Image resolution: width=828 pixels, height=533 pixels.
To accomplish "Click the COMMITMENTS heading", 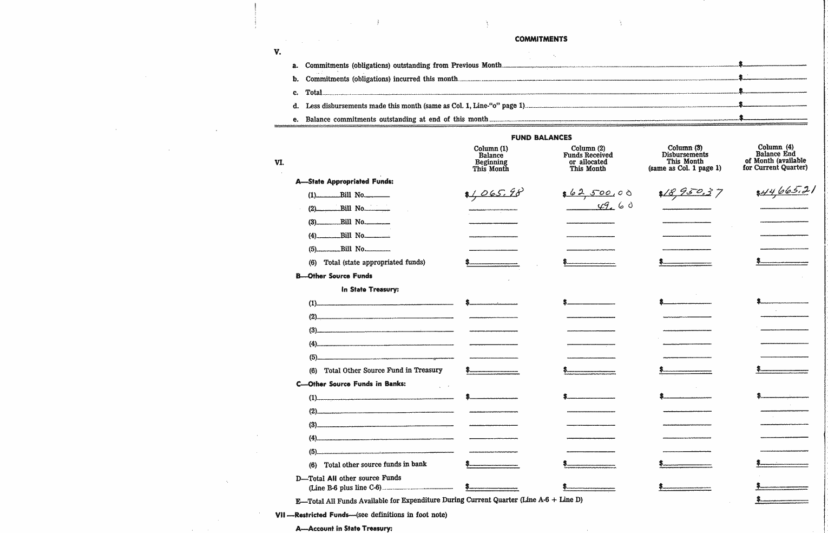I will pos(541,39).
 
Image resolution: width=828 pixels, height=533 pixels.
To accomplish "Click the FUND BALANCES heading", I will pos(541,138).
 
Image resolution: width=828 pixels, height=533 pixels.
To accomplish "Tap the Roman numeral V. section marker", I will pos(278,52).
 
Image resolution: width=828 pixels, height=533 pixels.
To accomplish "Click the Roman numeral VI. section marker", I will pos(279,162).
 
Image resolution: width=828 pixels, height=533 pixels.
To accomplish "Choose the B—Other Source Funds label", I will pos(334,276).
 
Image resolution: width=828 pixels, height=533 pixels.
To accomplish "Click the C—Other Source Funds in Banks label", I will pos(351,384).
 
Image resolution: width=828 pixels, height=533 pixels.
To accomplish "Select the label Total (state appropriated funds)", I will pos(374,262).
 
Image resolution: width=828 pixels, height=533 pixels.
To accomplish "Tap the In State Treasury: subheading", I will pos(370,289).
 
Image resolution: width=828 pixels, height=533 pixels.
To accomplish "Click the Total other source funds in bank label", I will pos(375,464).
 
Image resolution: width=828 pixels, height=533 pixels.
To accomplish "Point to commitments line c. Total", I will pos(313,93).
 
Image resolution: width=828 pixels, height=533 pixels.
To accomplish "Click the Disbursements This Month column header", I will pos(685,158).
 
